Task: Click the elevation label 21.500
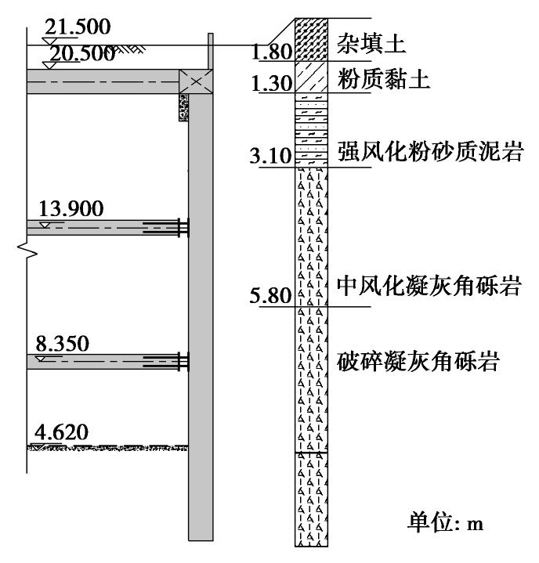(x=77, y=27)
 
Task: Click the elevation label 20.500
(x=82, y=53)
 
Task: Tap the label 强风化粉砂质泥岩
(x=418, y=151)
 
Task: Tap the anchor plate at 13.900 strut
(x=183, y=227)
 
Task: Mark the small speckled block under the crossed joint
(x=184, y=107)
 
